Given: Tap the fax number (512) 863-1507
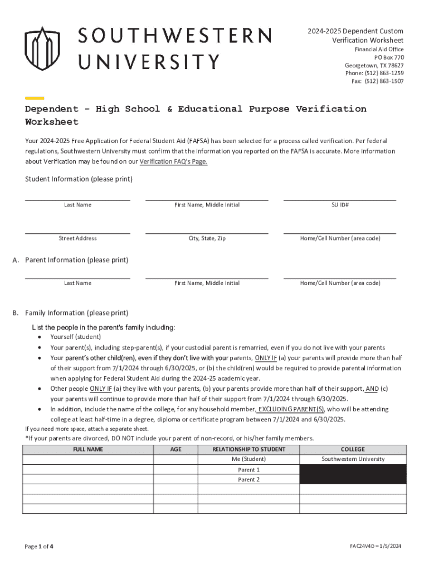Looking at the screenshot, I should [384, 81].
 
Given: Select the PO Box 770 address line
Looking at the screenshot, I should [389, 57].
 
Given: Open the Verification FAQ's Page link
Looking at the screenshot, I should [173, 162].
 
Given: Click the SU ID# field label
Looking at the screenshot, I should [340, 205].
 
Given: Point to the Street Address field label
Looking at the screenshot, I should [77, 238].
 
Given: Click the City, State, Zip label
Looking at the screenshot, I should [207, 238].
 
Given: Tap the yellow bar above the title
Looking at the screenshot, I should [35, 97].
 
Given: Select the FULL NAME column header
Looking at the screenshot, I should [87, 449].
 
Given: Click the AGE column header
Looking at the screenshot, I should [175, 449].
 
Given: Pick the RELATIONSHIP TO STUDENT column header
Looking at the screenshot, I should [248, 449].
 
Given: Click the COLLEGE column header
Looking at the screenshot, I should [353, 449].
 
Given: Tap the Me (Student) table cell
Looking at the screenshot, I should [248, 459].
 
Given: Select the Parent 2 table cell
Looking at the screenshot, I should [248, 479].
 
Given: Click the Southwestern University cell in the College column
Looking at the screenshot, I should [353, 459].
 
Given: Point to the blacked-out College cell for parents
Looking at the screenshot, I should [353, 474].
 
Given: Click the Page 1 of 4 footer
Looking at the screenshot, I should [39, 546].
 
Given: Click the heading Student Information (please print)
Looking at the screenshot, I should [79, 179].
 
